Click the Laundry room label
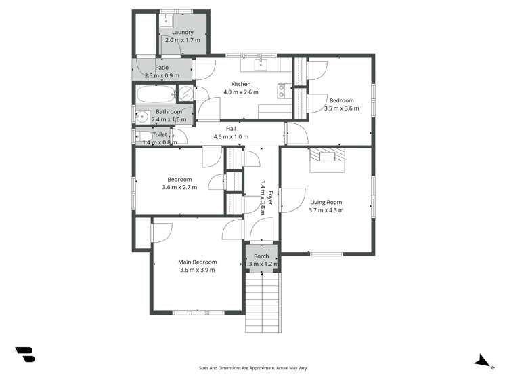pos(183,32)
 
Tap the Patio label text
pos(161,67)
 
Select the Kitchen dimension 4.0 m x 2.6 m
pos(241,92)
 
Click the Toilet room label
pos(160,135)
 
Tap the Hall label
pos(227,128)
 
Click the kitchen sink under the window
pos(262,64)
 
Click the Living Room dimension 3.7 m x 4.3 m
pos(326,210)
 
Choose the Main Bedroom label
pos(197,262)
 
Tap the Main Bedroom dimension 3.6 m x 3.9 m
pos(197,270)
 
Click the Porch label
pos(261,256)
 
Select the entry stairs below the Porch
pos(262,302)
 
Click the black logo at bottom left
pos(25,354)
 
